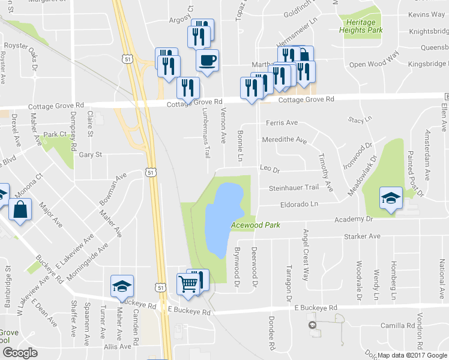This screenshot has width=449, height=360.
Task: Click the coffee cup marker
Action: click(x=207, y=61)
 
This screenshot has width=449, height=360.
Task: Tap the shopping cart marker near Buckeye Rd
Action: click(x=188, y=285)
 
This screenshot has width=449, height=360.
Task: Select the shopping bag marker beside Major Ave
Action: click(x=20, y=211)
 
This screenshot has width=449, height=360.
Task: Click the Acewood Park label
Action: click(x=257, y=225)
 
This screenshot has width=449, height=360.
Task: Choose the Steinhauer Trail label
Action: click(x=293, y=188)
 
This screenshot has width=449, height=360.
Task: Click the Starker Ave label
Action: click(x=363, y=236)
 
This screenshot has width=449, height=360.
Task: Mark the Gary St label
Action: click(x=91, y=155)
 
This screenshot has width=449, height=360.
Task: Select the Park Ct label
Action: click(x=54, y=134)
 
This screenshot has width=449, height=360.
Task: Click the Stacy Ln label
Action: click(x=360, y=120)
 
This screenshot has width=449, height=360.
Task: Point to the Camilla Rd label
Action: click(x=402, y=326)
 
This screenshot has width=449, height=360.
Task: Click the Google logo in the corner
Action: click(x=20, y=353)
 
